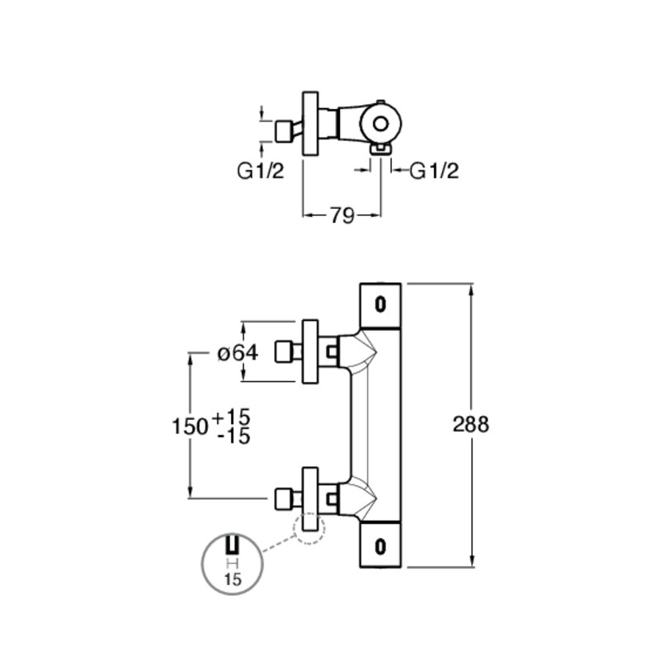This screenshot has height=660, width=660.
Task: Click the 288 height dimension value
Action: [470, 424]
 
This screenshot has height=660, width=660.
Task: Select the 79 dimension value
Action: [342, 216]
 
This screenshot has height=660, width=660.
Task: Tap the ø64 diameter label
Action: [238, 353]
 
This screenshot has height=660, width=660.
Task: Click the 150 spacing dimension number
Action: [190, 427]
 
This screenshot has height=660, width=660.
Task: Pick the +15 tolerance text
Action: [232, 417]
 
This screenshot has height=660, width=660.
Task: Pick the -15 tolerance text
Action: [234, 436]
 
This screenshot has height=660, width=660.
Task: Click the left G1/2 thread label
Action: [261, 171]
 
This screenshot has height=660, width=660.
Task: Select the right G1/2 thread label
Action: [434, 171]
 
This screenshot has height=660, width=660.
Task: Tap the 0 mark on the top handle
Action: [380, 304]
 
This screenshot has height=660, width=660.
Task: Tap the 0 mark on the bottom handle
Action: [380, 547]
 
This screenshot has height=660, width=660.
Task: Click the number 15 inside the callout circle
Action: [233, 580]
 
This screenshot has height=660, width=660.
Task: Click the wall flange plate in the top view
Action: [311, 123]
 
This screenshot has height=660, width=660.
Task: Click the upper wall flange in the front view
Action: [311, 352]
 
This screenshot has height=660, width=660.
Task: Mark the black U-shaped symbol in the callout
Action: [233, 545]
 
